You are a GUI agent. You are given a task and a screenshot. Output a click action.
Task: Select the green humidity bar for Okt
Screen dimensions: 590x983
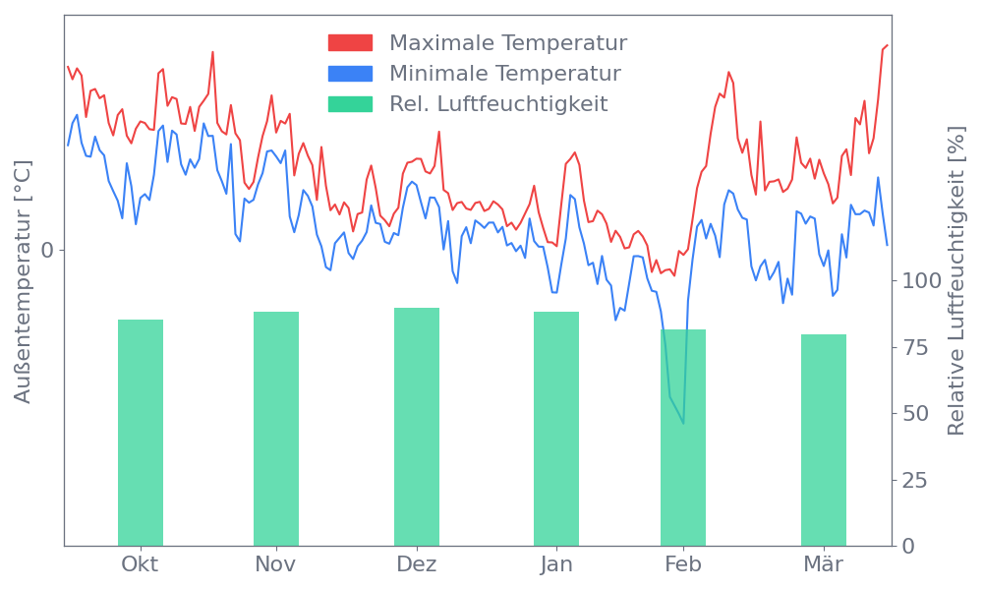coord(141,433)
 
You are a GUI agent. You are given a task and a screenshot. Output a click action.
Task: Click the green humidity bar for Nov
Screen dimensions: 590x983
coord(276,429)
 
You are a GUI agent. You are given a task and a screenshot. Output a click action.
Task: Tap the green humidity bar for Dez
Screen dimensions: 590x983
coord(417,427)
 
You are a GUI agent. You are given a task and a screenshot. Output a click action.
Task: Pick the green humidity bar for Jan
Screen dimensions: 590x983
coord(556,429)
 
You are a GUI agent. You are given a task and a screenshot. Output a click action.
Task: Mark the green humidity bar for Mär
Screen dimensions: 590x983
coord(824,440)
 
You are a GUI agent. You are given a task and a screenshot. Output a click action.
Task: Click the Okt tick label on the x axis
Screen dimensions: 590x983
coord(140,564)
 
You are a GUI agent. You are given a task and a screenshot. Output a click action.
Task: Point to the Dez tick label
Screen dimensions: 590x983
coord(417,564)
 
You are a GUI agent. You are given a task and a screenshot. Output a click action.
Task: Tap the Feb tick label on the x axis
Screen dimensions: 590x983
coord(683,564)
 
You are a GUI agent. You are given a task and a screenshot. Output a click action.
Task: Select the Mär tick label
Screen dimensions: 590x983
coord(824,564)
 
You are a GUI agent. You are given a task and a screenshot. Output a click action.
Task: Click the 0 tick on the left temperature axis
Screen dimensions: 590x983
coord(47,250)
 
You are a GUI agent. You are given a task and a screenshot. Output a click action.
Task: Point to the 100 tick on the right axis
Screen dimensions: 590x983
coord(922,281)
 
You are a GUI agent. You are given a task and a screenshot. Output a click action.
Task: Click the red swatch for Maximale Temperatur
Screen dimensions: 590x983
coord(350,43)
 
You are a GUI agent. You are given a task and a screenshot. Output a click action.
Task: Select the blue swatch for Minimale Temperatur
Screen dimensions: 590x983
coord(350,74)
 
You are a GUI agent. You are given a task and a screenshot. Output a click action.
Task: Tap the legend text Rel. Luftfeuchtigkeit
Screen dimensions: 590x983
coord(498,104)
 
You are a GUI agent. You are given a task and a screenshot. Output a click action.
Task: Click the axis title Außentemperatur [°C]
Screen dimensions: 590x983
coord(24,282)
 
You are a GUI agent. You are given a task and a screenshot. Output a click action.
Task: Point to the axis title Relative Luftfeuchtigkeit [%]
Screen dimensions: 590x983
coord(954,282)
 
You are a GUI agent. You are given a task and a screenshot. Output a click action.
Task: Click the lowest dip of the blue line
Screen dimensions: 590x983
coord(683,424)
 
